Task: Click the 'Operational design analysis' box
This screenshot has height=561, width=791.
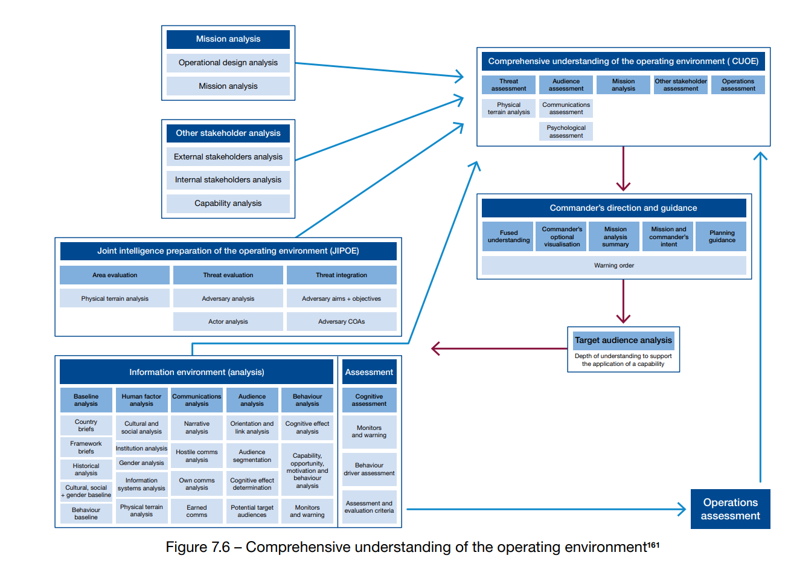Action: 228,63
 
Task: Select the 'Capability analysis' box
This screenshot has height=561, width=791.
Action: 228,204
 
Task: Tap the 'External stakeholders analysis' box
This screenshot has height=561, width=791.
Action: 228,157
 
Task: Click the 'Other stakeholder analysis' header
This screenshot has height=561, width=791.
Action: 228,133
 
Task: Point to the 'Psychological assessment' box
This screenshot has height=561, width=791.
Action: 566,131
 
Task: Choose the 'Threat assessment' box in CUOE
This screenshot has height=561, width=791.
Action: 508,85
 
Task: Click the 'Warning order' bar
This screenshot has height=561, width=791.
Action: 613,265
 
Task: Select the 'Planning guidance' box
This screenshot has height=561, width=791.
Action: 722,236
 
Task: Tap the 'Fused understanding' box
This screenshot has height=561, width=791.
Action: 508,236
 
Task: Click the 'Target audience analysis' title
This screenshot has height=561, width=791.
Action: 623,341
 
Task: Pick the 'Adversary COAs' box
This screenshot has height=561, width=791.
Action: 342,322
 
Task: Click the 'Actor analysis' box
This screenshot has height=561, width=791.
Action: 228,322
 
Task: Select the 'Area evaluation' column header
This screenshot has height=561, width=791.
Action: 115,275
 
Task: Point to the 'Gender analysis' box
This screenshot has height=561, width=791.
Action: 142,463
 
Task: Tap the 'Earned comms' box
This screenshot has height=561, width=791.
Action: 197,511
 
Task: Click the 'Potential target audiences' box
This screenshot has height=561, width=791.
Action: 252,511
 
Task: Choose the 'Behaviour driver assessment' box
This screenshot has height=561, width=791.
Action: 369,469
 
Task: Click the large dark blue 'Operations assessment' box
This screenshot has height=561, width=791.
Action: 730,508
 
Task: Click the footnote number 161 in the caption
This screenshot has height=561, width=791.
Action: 653,545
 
